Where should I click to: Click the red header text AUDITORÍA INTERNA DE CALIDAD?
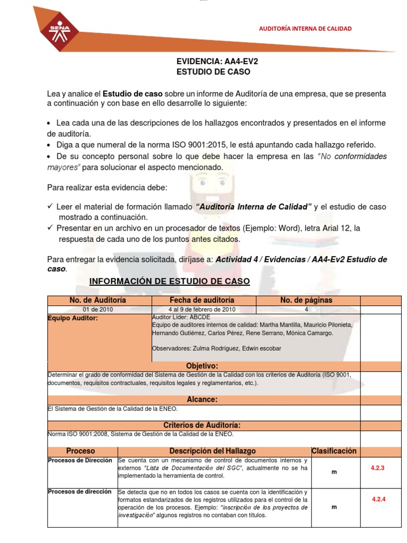pos(304,29)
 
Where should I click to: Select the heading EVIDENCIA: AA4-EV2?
pos(217,61)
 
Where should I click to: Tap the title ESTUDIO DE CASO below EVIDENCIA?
pos(213,72)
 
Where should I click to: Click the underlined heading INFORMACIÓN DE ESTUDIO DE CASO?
pos(169,281)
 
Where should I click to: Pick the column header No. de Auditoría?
pos(98,300)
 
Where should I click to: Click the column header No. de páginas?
pos(306,300)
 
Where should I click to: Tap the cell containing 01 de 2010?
pos(98,310)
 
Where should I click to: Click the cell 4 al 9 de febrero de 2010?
pos(202,310)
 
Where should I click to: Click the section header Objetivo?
pos(202,366)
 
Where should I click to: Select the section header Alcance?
pos(202,399)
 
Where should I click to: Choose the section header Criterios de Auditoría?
pos(202,425)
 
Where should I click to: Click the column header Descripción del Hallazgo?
pos(213,451)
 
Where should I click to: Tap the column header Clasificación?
pos(334,451)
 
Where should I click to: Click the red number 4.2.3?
pos(377,468)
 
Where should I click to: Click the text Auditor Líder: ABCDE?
pos(181,317)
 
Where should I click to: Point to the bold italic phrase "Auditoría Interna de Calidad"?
pos(253,207)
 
